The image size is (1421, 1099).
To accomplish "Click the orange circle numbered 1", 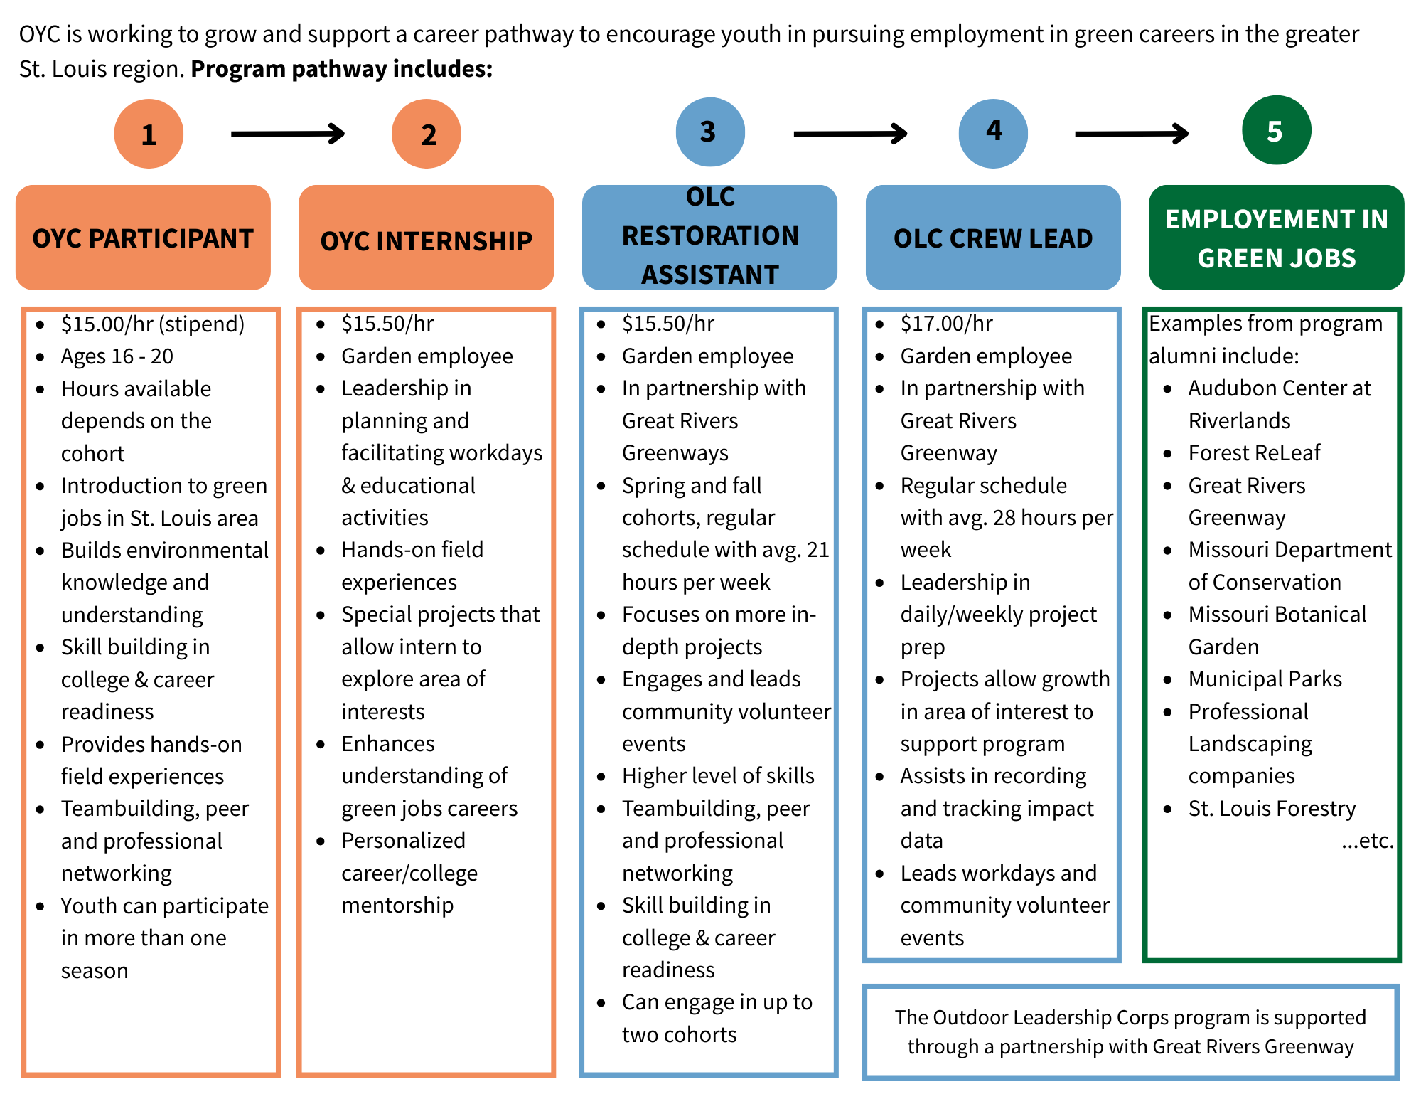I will click(x=149, y=134).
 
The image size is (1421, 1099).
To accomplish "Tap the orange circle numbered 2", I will click(x=427, y=134).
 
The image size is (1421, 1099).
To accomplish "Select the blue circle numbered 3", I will click(x=709, y=132).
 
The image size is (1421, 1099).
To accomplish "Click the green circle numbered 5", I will click(x=1276, y=130).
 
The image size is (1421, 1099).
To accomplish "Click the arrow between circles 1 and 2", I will click(x=288, y=134).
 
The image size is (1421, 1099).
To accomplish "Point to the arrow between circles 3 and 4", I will click(x=850, y=134).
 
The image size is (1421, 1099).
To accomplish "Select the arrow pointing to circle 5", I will click(x=1132, y=134).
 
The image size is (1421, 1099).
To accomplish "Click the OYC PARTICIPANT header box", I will click(x=143, y=238).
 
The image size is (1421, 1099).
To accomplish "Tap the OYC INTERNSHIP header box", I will click(x=427, y=238).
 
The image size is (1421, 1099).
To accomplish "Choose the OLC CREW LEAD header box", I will click(x=993, y=238).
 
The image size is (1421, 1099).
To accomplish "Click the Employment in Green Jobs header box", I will click(x=1276, y=238).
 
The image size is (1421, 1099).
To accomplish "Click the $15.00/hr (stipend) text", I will click(x=152, y=324).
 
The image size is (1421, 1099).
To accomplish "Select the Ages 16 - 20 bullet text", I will click(x=117, y=356).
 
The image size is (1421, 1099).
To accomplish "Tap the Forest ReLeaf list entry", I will click(x=1254, y=453).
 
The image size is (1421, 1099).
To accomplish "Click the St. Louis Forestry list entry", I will click(x=1272, y=809).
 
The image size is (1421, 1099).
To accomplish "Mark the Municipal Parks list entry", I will click(x=1265, y=679).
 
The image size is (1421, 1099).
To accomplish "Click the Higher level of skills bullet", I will click(x=718, y=776).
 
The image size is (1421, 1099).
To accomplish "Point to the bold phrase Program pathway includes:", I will click(x=342, y=69).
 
